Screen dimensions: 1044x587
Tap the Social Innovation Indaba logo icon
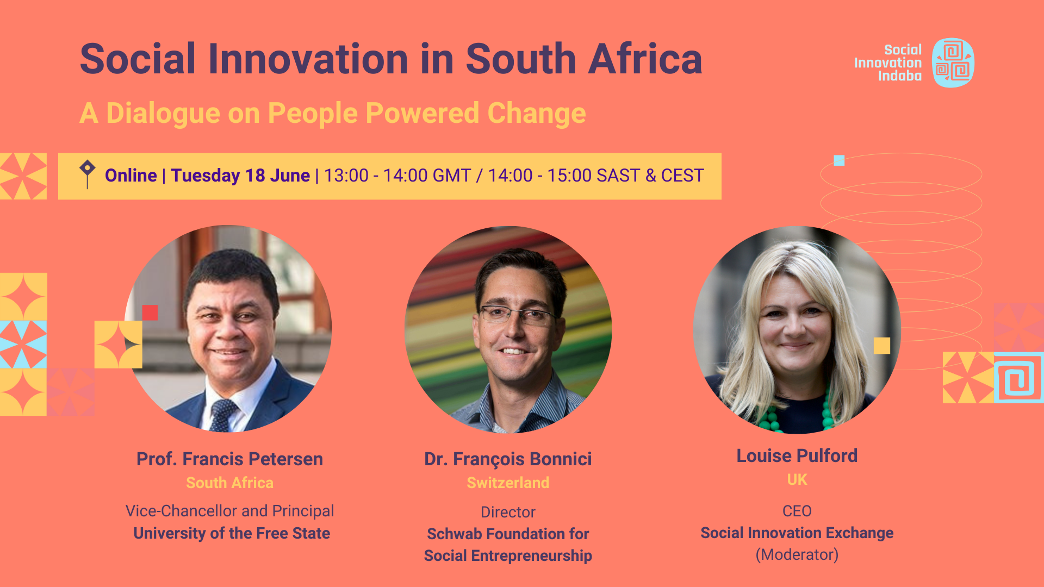pyautogui.click(x=953, y=63)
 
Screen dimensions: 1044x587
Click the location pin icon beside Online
pyautogui.click(x=87, y=174)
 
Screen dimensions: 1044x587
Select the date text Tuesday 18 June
pyautogui.click(x=240, y=176)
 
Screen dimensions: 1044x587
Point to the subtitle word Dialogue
pyautogui.click(x=163, y=114)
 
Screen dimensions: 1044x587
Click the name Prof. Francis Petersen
pyautogui.click(x=229, y=459)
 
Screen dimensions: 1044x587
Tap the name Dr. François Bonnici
pyautogui.click(x=508, y=459)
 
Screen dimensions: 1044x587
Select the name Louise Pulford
pyautogui.click(x=797, y=455)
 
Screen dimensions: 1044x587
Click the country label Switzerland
pyautogui.click(x=508, y=483)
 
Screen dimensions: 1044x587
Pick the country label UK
pyautogui.click(x=797, y=479)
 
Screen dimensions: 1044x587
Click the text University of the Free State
pyautogui.click(x=232, y=533)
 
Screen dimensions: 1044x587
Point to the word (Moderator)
pyautogui.click(x=797, y=554)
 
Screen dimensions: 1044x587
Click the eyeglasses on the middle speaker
pyautogui.click(x=517, y=314)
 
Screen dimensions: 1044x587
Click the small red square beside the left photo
pyautogui.click(x=150, y=313)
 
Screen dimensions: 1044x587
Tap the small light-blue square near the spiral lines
pyautogui.click(x=839, y=160)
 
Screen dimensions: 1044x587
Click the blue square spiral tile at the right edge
pyautogui.click(x=1018, y=378)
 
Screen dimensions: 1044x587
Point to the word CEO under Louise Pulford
pyautogui.click(x=797, y=511)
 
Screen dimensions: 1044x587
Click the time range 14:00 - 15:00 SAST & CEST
pyautogui.click(x=596, y=176)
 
